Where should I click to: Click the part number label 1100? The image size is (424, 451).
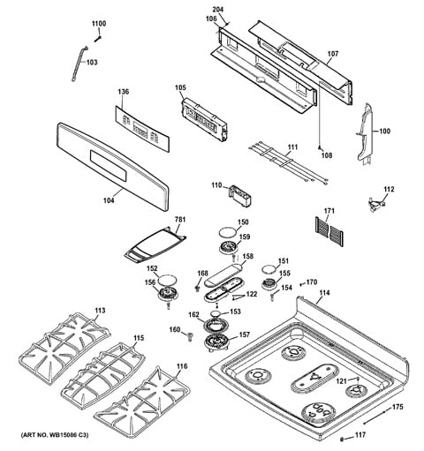pos(99,24)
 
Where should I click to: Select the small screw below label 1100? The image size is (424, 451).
pos(98,39)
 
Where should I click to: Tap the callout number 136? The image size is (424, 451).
pos(124,92)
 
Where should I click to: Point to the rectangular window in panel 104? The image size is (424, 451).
pos(108,166)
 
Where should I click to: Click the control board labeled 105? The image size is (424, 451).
pos(205,120)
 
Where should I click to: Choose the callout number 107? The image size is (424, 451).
pos(333,54)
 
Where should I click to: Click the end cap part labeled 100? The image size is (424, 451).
pos(365,132)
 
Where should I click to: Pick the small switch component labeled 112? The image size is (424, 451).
pos(377,204)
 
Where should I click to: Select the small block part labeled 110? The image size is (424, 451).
pos(240,195)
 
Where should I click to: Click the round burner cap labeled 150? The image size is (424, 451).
pos(228,231)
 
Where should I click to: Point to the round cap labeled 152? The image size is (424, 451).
pos(167,279)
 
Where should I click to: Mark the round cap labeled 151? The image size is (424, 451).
pos(269,270)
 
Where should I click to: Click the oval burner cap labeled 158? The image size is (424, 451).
pos(223,274)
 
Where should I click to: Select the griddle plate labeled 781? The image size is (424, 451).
pos(155,244)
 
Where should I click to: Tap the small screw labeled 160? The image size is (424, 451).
pos(190,335)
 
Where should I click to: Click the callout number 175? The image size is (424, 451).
pos(397,407)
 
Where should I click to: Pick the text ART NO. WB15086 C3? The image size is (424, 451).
pos(55,435)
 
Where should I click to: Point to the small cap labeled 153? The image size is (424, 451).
pos(216,312)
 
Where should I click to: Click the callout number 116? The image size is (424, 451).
pos(182,366)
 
